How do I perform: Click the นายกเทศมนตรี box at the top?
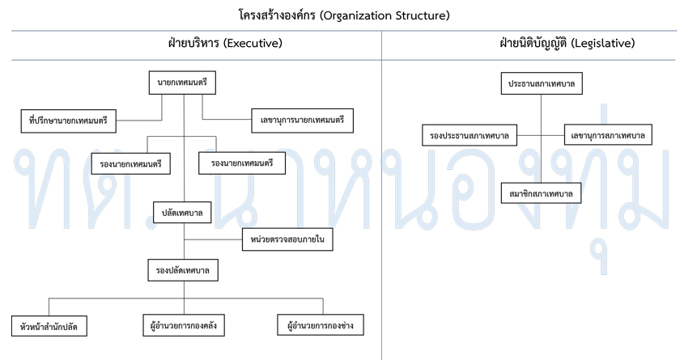click(x=182, y=83)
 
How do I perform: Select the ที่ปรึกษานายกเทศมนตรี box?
click(x=69, y=121)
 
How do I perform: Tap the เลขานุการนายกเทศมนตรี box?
click(x=302, y=121)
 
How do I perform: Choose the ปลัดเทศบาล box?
click(x=183, y=213)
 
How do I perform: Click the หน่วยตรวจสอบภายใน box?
click(x=287, y=239)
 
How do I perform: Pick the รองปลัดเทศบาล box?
click(x=183, y=270)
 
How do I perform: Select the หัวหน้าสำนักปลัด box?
click(x=49, y=326)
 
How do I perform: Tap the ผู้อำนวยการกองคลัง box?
click(x=184, y=325)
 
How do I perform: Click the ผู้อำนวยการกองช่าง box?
click(x=321, y=325)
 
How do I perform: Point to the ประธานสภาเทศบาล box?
click(x=542, y=83)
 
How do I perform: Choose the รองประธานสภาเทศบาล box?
click(x=470, y=135)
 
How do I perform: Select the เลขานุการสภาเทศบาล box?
click(x=608, y=135)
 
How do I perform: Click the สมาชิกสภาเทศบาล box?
click(x=542, y=193)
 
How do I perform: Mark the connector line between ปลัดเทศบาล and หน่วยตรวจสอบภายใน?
click(x=213, y=239)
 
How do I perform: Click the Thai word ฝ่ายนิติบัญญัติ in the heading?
click(x=533, y=44)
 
